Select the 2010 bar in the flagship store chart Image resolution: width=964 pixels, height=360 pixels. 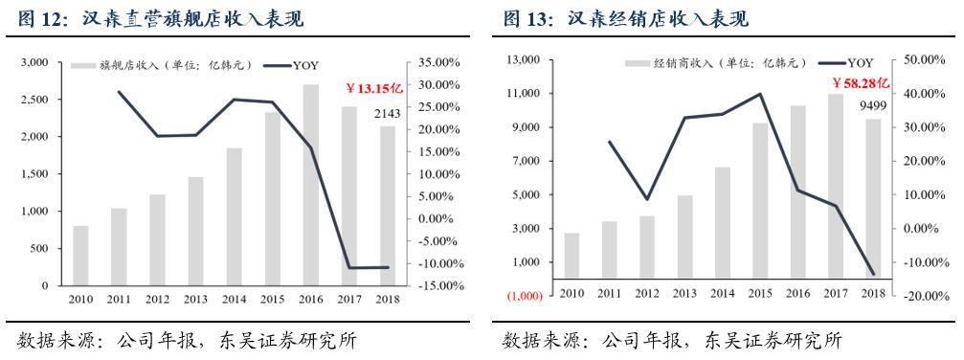coord(80,256)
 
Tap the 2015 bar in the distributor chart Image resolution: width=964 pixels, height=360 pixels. coord(760,201)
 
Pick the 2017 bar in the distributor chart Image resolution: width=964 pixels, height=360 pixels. coord(836,187)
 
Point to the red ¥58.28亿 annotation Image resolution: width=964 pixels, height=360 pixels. coord(861,83)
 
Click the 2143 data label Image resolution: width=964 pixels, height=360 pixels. coord(388,115)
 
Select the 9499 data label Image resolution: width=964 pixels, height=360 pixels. coord(873,105)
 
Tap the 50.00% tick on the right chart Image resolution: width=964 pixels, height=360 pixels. coord(924,59)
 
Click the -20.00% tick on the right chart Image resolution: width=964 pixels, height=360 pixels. coord(923,296)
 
